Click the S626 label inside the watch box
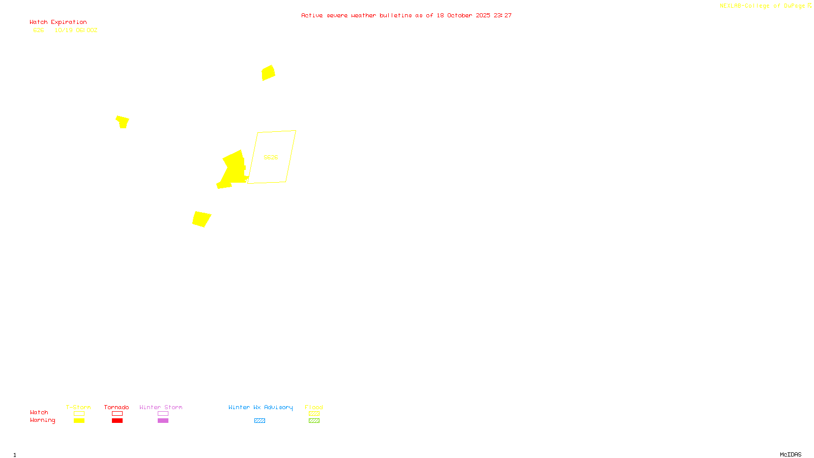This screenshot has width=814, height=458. click(271, 157)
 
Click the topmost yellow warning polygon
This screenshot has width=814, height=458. click(268, 73)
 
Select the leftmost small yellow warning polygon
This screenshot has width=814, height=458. click(123, 122)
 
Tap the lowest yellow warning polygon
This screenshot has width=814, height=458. click(201, 219)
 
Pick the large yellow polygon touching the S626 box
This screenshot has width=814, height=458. click(234, 168)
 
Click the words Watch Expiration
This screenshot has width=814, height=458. click(58, 22)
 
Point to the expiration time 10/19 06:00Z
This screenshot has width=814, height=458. click(76, 30)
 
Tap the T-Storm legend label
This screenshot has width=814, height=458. click(78, 407)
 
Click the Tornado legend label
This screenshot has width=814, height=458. click(117, 407)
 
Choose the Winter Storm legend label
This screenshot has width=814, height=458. click(161, 407)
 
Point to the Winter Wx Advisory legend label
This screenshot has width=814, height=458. click(260, 407)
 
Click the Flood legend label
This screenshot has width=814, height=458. click(314, 407)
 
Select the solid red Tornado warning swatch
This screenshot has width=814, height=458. click(117, 421)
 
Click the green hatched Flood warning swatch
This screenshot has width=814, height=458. click(314, 421)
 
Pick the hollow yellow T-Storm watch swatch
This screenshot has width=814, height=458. click(79, 414)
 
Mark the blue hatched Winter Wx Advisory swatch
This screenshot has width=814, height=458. click(259, 421)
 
